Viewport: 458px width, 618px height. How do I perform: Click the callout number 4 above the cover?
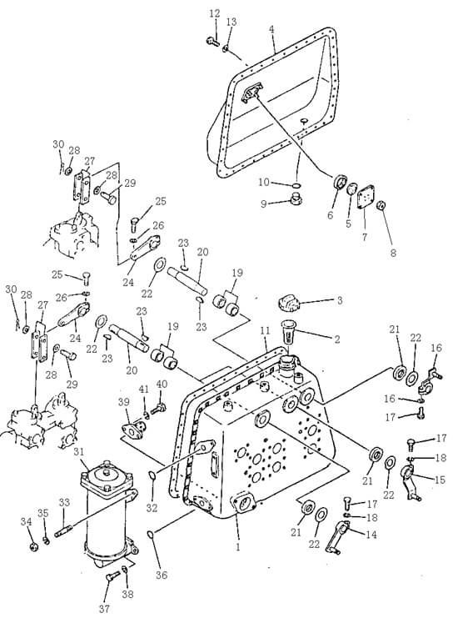(x=272, y=29)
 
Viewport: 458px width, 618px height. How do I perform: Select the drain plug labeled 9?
(x=293, y=198)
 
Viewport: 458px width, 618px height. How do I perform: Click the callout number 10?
(x=263, y=182)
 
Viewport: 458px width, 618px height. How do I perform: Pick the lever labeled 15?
(x=408, y=479)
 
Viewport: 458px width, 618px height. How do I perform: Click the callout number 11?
(x=264, y=330)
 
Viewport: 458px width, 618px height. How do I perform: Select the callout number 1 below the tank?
(x=236, y=548)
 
